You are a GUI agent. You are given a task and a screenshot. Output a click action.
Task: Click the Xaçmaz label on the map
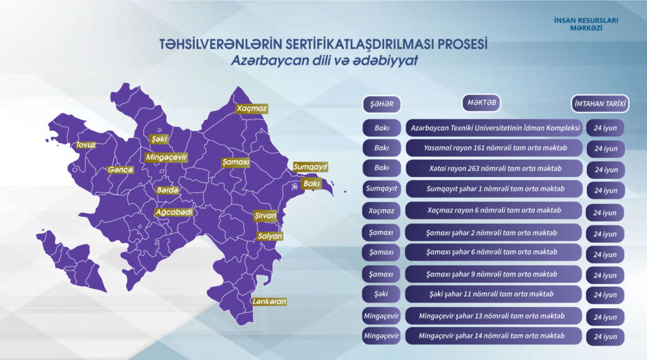(x=251, y=109)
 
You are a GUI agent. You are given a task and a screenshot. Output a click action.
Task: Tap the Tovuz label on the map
(x=86, y=145)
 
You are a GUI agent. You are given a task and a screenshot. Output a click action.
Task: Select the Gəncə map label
(x=121, y=170)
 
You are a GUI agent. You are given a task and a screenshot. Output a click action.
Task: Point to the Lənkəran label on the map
(x=269, y=301)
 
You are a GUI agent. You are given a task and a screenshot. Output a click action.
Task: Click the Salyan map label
(x=270, y=236)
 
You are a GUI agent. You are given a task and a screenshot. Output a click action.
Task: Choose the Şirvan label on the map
(x=265, y=215)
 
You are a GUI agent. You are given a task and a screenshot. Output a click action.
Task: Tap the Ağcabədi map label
(x=174, y=212)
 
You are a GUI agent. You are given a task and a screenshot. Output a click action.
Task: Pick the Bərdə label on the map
(x=167, y=190)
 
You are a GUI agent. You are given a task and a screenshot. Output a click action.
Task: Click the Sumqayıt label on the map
(x=310, y=167)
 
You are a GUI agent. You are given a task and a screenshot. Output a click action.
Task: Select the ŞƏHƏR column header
(x=382, y=104)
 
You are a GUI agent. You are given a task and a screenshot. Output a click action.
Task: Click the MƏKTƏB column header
(x=481, y=103)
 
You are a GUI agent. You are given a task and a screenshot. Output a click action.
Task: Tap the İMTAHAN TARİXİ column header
(x=600, y=104)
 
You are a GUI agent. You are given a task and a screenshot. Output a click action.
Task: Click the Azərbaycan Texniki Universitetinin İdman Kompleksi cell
(x=495, y=128)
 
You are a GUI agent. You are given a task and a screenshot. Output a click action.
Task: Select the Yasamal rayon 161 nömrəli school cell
(x=495, y=148)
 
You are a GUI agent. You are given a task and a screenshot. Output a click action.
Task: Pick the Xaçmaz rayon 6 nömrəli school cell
(x=494, y=210)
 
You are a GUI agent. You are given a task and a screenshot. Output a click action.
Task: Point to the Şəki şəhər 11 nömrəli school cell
(x=493, y=294)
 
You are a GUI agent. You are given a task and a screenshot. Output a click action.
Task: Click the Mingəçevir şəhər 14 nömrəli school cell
(x=493, y=336)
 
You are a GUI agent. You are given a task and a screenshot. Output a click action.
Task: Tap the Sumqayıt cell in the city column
(x=382, y=188)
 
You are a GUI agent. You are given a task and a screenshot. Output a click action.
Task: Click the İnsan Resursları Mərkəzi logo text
(x=586, y=24)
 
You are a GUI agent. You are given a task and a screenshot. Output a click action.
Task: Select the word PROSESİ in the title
(x=462, y=44)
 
